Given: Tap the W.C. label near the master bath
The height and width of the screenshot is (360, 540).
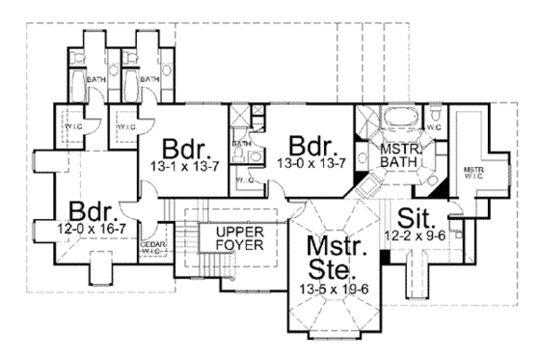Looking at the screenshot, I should click(433, 126).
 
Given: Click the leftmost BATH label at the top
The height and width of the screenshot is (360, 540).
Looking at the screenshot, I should click(95, 79).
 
